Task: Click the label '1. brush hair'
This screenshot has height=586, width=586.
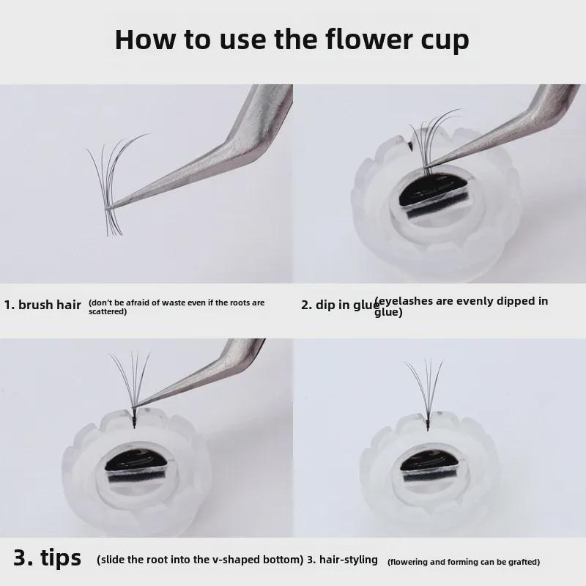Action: tap(42, 305)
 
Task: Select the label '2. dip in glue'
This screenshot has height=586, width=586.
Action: tap(340, 305)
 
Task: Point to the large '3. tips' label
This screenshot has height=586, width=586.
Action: tap(48, 558)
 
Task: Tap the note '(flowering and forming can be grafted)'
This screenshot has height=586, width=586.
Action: tap(464, 562)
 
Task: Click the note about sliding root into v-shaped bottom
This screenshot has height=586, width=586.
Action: tap(200, 560)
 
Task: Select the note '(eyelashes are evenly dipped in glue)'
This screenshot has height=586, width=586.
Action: tap(461, 306)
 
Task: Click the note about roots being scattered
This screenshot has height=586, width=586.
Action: tap(177, 306)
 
